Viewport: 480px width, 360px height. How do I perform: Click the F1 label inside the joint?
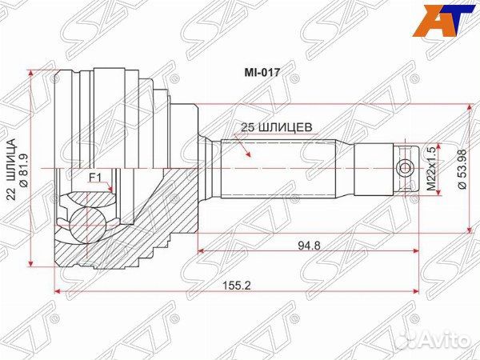point(94,179)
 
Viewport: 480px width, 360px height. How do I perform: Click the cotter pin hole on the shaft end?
point(405,168)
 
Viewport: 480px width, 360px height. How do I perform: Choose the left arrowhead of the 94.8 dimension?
point(201,252)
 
